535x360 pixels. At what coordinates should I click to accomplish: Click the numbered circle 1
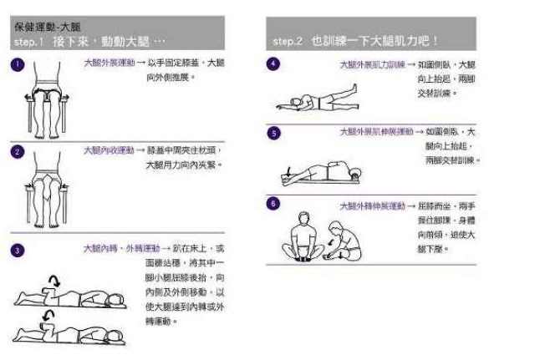(18, 63)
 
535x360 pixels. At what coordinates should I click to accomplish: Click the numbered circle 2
(18, 151)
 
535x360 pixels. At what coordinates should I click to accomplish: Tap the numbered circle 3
(18, 249)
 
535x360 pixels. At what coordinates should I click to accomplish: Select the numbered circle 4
(274, 63)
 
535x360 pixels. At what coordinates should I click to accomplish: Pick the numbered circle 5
(274, 133)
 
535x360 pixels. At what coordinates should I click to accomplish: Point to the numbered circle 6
(274, 203)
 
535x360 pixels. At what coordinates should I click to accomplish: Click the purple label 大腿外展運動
(109, 63)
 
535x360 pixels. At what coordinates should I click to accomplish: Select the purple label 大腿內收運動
(109, 150)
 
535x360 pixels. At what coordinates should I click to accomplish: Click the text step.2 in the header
(288, 41)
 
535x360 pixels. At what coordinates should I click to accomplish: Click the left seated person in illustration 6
(306, 236)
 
